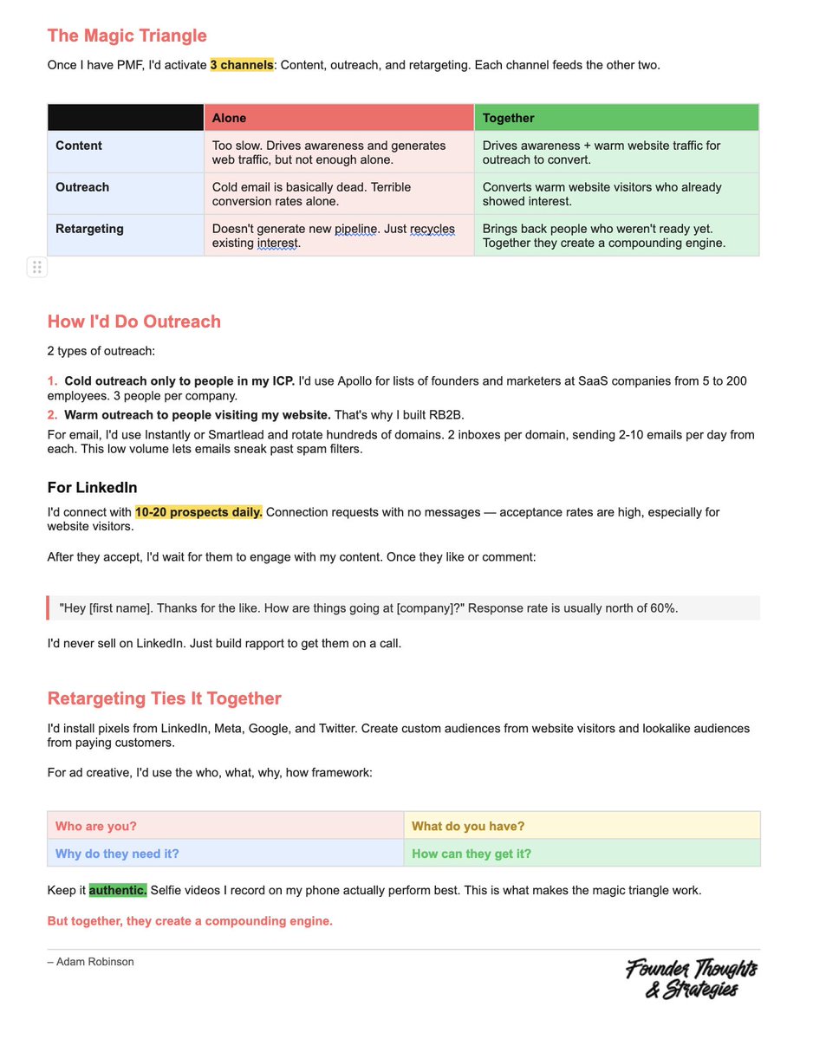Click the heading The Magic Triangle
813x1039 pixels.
coord(127,36)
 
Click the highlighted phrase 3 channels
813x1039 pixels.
coord(242,65)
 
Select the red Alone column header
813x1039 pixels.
coord(339,118)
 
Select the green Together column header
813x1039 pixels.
coord(616,118)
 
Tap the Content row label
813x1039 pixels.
coord(79,146)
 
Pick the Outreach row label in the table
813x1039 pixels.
coord(82,187)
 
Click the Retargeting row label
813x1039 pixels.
coord(89,229)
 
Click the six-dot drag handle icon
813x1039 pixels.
coord(36,267)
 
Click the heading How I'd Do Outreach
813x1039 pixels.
coord(134,321)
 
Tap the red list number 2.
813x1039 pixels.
coord(52,414)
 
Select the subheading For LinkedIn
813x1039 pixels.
coord(92,488)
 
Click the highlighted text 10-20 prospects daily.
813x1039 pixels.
coord(198,512)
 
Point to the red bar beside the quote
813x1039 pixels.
coord(49,607)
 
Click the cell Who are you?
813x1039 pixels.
coord(95,826)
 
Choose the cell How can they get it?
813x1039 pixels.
coord(472,854)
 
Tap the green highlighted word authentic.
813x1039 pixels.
coord(118,890)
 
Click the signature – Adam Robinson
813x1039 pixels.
coord(91,961)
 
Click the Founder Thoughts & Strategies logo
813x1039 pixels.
coord(691,978)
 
